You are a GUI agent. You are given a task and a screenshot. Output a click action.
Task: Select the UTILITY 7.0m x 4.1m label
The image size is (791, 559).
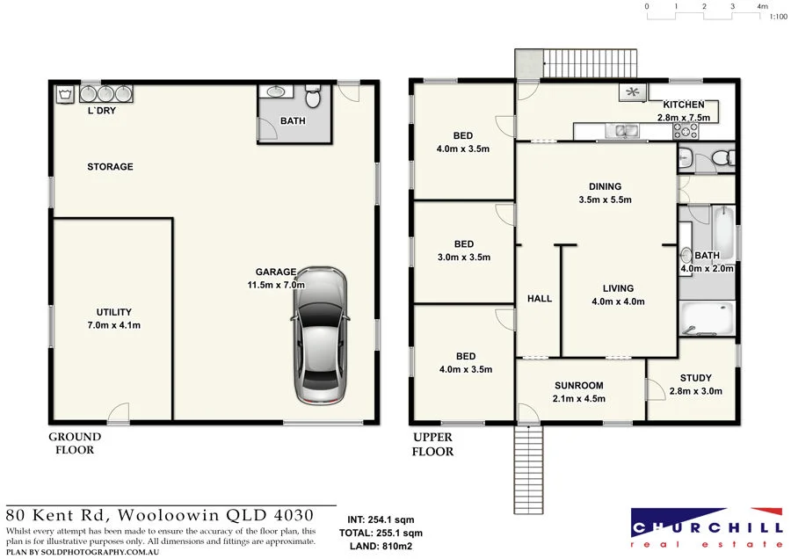coord(114,318)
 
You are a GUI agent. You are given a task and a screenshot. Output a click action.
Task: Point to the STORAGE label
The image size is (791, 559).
coord(110,166)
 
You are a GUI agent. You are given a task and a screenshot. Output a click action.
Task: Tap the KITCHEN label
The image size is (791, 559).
coord(682,105)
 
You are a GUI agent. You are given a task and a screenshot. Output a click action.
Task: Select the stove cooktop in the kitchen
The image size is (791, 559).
coord(686,131)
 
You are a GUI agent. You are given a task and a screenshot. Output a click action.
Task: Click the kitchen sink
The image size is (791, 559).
coord(627,132)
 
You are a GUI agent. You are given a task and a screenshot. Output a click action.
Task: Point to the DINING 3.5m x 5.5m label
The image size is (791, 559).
coord(606,192)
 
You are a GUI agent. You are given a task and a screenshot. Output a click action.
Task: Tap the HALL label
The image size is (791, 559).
coord(539,299)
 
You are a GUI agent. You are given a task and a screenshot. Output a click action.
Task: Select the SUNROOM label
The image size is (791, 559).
coord(578,386)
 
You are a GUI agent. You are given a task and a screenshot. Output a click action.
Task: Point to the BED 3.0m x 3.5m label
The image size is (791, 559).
coord(463,250)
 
